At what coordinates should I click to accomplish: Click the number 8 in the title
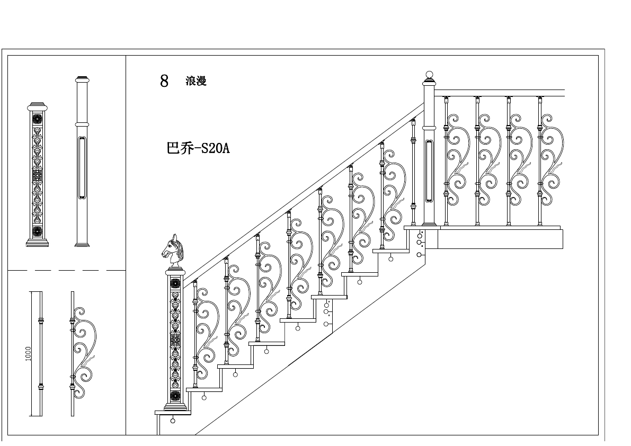pos(164,81)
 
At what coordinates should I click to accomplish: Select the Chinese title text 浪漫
pos(195,81)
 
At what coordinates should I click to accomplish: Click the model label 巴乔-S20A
pos(198,148)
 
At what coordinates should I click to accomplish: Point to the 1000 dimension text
pos(29,353)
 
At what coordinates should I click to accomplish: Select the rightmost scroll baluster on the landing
pos(549,159)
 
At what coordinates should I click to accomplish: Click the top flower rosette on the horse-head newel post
pos(175,283)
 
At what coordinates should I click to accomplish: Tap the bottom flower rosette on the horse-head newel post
pos(175,394)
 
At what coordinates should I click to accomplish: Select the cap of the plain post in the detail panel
pos(82,80)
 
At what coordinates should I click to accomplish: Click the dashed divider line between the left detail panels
pos(66,270)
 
